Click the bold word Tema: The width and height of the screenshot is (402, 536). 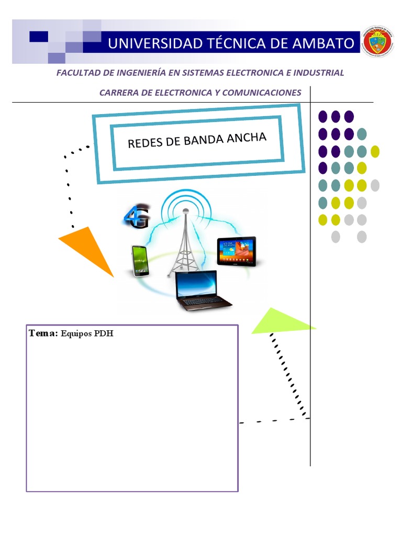[x=44, y=333]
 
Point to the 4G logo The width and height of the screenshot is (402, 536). [x=137, y=217]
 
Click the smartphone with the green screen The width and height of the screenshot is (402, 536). [x=140, y=260]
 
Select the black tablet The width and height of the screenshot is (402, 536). [x=237, y=251]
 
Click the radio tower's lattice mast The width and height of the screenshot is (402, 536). [x=184, y=246]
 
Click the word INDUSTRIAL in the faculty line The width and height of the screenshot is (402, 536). [x=320, y=73]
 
